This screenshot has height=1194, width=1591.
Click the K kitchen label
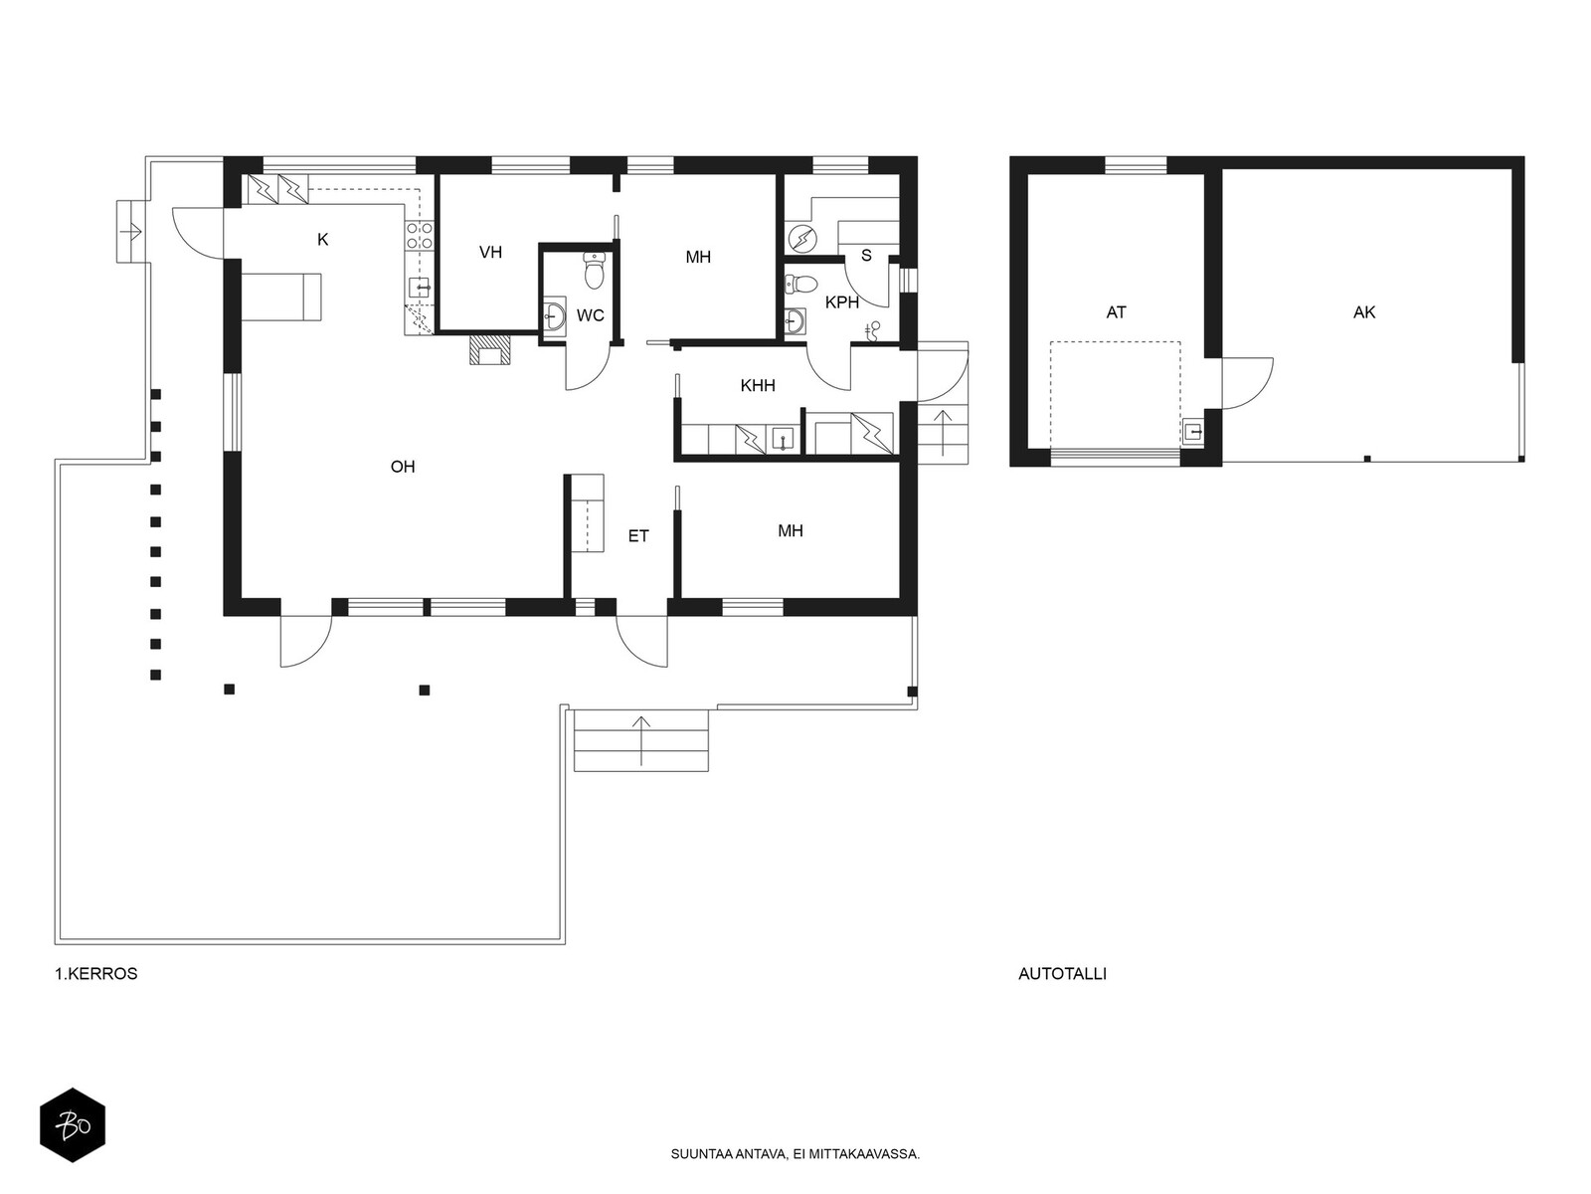pyautogui.click(x=323, y=239)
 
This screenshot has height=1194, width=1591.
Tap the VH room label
pyautogui.click(x=490, y=253)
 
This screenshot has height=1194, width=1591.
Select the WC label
pyautogui.click(x=590, y=315)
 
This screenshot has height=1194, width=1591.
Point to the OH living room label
pyautogui.click(x=403, y=467)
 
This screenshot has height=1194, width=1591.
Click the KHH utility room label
pyautogui.click(x=758, y=386)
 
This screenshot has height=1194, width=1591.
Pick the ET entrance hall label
pyautogui.click(x=637, y=536)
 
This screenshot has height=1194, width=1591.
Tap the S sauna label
pyautogui.click(x=866, y=256)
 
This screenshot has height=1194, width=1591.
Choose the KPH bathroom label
pyautogui.click(x=842, y=303)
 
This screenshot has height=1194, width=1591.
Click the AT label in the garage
pyautogui.click(x=1117, y=312)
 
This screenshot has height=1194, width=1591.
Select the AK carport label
pyautogui.click(x=1364, y=312)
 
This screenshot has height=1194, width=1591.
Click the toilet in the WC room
pyautogui.click(x=595, y=270)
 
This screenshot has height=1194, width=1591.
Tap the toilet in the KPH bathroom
pyautogui.click(x=800, y=284)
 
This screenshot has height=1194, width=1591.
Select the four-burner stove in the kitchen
pyautogui.click(x=419, y=236)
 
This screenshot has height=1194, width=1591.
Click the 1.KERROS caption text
pyautogui.click(x=96, y=974)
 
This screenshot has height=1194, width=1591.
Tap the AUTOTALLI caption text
pyautogui.click(x=1062, y=974)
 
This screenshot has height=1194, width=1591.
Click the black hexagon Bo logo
pyautogui.click(x=73, y=1125)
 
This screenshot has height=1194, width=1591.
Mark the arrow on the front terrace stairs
pyautogui.click(x=640, y=740)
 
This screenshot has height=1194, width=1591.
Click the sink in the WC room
pyautogui.click(x=555, y=316)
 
